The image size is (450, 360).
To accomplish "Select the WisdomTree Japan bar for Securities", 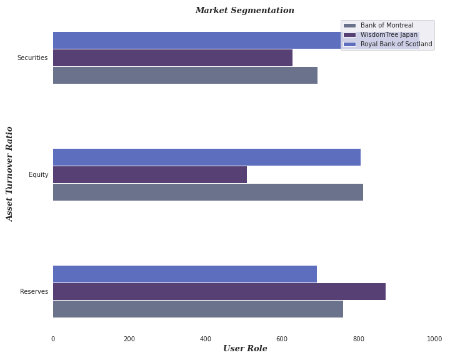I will [172, 57].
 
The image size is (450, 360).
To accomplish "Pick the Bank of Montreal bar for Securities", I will [185, 75].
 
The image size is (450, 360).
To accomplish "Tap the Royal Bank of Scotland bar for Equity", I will [207, 157].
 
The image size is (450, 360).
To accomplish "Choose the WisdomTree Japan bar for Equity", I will [150, 174].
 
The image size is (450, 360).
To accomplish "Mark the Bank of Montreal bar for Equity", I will [208, 192].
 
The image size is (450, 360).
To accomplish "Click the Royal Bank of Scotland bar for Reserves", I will [185, 274].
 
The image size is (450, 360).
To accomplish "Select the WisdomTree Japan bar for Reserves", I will [219, 291].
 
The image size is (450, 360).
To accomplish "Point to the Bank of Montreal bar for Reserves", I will [198, 309].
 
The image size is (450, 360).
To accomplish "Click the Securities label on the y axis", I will [32, 57].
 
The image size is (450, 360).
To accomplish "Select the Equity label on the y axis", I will [39, 174].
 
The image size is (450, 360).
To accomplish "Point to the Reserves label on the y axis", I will [34, 291].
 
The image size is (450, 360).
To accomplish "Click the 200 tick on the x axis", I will [129, 339].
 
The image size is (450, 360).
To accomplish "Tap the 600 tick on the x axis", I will [282, 339].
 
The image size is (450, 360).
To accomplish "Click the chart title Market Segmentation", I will [244, 11].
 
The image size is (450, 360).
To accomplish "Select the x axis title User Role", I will [244, 348].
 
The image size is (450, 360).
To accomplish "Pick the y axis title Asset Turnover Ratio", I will [9, 174].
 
